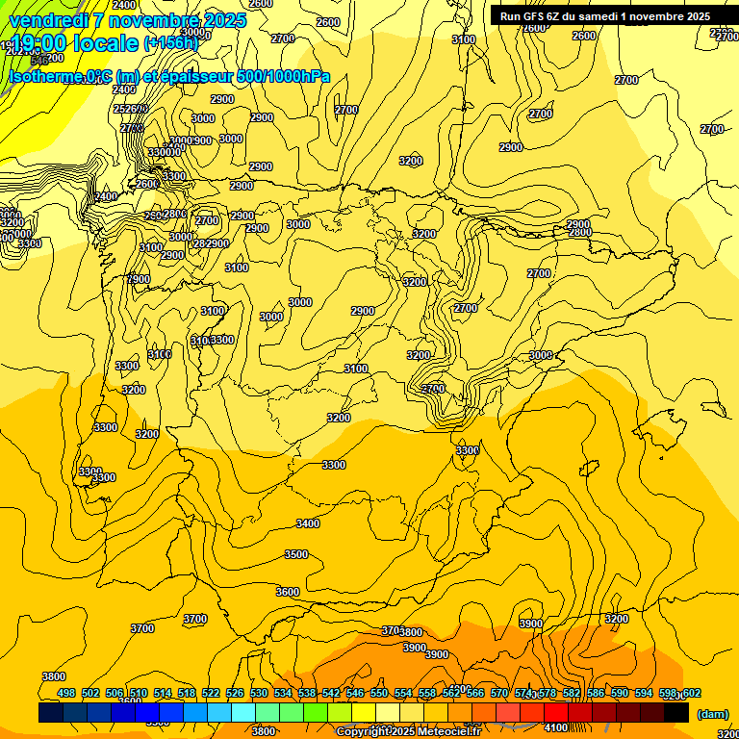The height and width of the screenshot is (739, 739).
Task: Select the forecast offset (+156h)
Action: tap(171, 43)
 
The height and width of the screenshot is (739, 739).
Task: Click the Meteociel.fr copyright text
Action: tap(408, 731)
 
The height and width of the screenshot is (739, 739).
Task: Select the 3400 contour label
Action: tap(308, 523)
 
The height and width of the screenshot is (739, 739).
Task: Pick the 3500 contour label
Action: tap(296, 554)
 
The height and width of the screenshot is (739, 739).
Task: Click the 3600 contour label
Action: tap(288, 592)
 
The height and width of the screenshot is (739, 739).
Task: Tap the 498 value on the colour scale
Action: tap(66, 693)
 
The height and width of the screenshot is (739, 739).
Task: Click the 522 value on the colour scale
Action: tap(211, 693)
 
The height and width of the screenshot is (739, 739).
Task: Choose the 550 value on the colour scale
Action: tap(379, 693)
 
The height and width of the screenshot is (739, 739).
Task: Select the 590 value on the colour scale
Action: tap(620, 693)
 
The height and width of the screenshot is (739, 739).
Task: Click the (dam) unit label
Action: tap(713, 714)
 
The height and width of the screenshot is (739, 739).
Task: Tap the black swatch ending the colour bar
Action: tap(676, 712)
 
